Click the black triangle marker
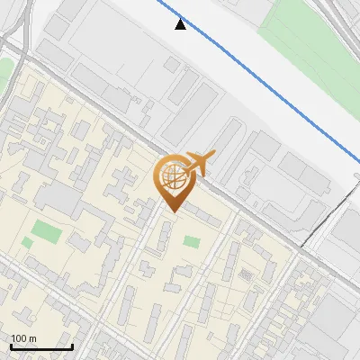(181, 24)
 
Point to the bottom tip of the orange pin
(171, 212)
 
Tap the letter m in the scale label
(32, 338)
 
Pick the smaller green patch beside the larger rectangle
(28, 242)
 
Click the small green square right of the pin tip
(191, 241)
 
